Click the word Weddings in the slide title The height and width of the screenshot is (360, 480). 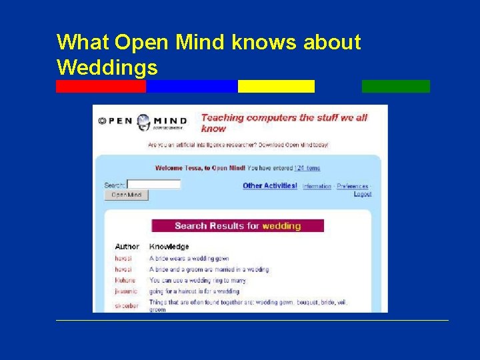click(107, 67)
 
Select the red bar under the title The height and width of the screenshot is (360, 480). click(101, 86)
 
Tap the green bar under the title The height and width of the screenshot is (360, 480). click(395, 86)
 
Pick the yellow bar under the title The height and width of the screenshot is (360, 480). click(276, 86)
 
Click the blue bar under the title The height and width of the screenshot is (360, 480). click(191, 86)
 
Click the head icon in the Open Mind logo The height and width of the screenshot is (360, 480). click(143, 121)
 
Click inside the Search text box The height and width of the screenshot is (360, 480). click(154, 184)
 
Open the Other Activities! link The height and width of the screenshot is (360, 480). click(269, 186)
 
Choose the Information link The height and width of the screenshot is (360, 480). click(317, 187)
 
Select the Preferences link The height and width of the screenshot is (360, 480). click(352, 187)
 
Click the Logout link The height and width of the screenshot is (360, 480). click(363, 194)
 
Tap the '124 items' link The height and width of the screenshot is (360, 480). click(307, 169)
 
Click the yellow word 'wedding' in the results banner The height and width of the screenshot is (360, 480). click(281, 226)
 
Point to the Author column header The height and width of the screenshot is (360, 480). click(127, 247)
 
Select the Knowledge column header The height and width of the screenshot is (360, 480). click(169, 247)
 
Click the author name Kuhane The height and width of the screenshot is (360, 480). click(125, 280)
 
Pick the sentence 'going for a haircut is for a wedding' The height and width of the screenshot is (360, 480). click(194, 291)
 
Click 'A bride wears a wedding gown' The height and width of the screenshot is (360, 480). click(189, 258)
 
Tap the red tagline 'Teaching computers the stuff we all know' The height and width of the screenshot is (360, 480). click(284, 123)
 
